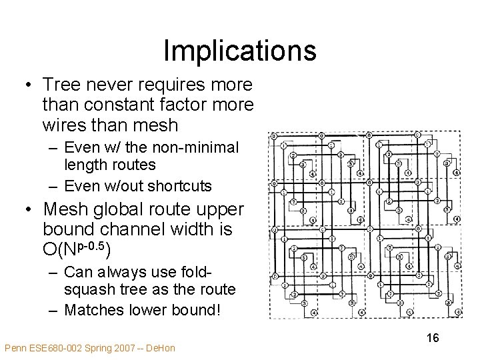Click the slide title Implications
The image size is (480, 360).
click(x=239, y=51)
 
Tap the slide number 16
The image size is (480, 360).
click(x=433, y=338)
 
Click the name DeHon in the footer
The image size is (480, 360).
click(x=160, y=348)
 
